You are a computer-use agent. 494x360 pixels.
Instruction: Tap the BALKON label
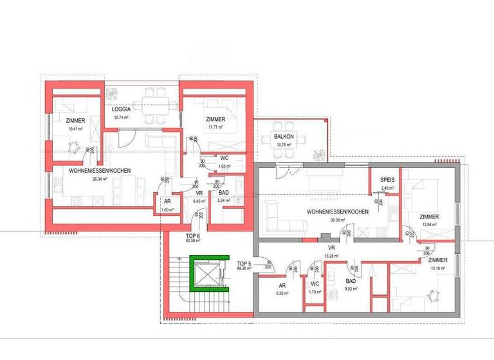pyautogui.click(x=284, y=137)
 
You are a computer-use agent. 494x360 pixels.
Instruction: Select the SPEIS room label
pyautogui.click(x=387, y=180)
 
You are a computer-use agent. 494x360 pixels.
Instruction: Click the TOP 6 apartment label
pyautogui.click(x=194, y=236)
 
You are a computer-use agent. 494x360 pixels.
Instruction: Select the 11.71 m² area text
pyautogui.click(x=215, y=127)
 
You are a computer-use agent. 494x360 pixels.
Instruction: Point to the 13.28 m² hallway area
pyautogui.click(x=332, y=256)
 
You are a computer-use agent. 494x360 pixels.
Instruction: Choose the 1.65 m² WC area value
pyautogui.click(x=224, y=166)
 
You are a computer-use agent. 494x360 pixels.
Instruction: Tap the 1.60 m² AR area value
pyautogui.click(x=167, y=210)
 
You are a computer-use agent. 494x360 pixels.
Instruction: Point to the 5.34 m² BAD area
pyautogui.click(x=224, y=201)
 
